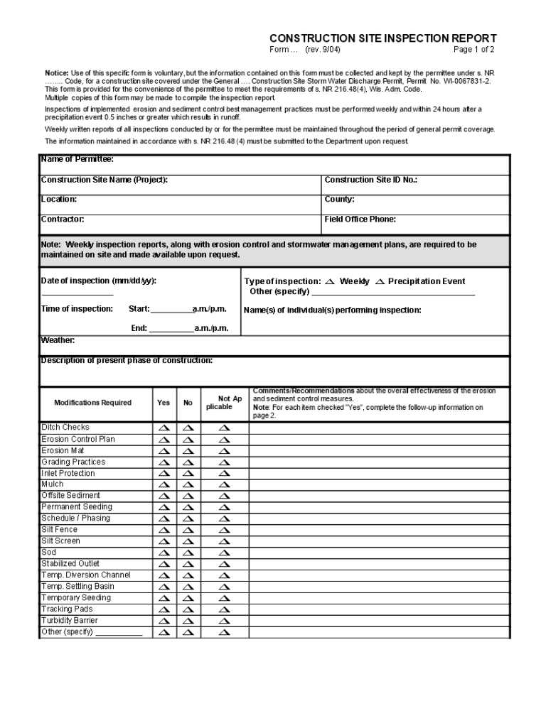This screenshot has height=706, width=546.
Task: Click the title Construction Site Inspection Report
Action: (382, 38)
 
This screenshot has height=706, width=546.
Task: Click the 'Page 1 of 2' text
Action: (473, 50)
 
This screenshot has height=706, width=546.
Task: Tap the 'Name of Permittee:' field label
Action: (77, 160)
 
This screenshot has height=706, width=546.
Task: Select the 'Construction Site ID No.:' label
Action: (370, 180)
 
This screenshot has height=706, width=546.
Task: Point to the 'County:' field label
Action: (339, 200)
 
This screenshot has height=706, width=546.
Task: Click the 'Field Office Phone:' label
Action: (360, 219)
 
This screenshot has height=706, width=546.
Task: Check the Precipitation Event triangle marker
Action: (380, 282)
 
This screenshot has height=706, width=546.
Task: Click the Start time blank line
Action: (171, 310)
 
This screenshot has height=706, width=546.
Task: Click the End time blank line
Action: (171, 329)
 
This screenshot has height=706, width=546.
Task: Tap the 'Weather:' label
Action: (58, 340)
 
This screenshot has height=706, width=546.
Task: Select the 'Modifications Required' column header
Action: (92, 403)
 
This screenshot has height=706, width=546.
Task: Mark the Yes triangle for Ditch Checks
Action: (164, 428)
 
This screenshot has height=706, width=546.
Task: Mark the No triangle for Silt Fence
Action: (188, 530)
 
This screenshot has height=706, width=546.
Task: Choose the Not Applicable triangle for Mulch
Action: (224, 484)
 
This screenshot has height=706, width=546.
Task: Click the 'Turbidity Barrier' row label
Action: (70, 621)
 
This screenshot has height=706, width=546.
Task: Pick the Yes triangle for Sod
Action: (164, 553)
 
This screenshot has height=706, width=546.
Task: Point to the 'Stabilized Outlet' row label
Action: (70, 564)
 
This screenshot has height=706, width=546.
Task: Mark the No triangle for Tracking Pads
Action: (188, 609)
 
